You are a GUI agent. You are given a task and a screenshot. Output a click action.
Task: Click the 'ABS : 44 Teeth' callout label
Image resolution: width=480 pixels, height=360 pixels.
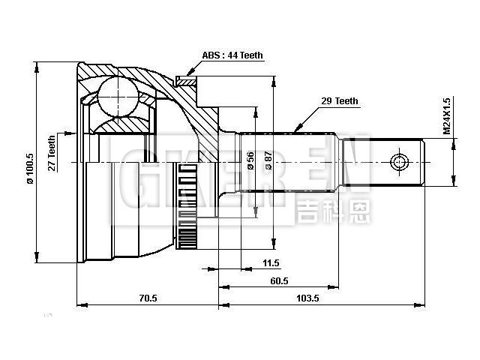tap(232, 55)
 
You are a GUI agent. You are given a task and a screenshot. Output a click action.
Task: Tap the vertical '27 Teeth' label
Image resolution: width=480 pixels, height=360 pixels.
tap(52, 154)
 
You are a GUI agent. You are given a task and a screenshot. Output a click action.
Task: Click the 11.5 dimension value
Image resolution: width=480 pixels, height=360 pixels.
tap(271, 262)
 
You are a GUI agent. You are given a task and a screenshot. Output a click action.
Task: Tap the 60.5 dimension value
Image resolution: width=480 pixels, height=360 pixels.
tap(279, 280)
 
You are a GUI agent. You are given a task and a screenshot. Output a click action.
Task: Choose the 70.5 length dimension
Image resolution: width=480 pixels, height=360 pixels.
tap(148, 298)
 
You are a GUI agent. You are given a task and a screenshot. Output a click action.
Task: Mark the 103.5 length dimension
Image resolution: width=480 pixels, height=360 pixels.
tap(307, 298)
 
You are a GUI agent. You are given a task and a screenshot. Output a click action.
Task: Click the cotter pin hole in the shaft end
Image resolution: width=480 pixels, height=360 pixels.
tap(398, 162)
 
